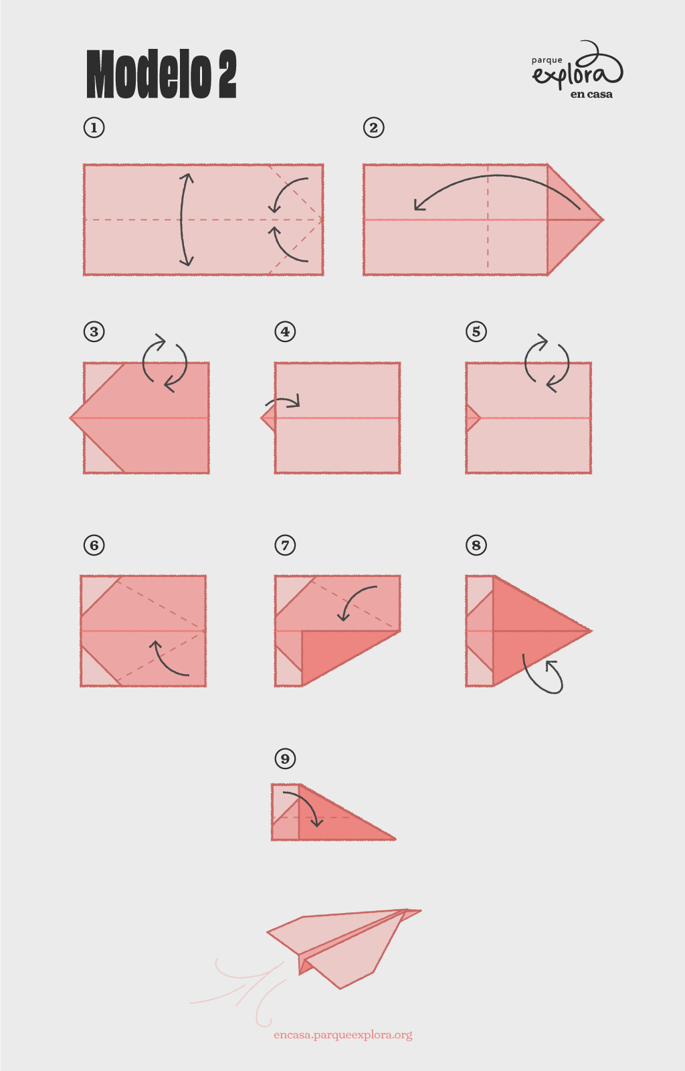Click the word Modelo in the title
click(149, 74)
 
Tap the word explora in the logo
click(578, 72)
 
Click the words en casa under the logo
click(591, 94)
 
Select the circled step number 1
click(94, 128)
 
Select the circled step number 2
click(373, 128)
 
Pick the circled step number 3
click(94, 331)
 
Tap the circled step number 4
click(285, 331)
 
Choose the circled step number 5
click(476, 331)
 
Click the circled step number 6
click(94, 545)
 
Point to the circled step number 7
click(285, 545)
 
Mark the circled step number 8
click(476, 545)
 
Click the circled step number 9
click(285, 758)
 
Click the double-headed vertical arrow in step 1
click(181, 220)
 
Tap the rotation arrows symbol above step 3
click(165, 363)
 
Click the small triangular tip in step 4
click(269, 418)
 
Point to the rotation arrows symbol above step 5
click(547, 363)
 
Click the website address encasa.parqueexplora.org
click(343, 1035)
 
